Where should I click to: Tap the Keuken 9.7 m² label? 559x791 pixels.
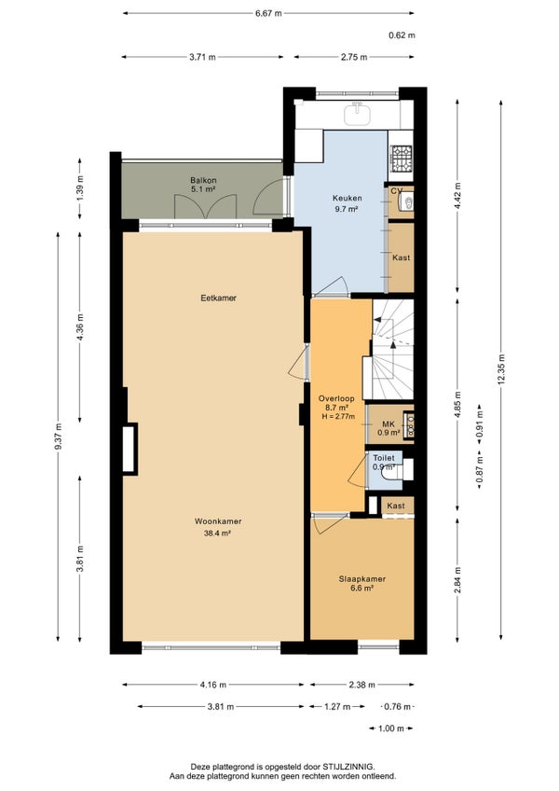(x=347, y=203)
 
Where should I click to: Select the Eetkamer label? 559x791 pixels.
(x=218, y=298)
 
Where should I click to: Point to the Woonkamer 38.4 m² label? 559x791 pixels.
(x=218, y=526)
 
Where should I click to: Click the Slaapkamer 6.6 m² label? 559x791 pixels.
(x=361, y=583)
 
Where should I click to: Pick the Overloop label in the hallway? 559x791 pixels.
(x=336, y=398)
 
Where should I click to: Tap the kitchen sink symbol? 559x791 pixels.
(x=357, y=114)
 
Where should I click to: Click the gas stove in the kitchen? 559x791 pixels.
(x=402, y=158)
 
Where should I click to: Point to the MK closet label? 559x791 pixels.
(x=389, y=424)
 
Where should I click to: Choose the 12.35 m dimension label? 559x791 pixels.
(x=500, y=369)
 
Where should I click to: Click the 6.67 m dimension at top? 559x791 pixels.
(x=268, y=13)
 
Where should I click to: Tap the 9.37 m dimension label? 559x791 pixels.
(x=59, y=437)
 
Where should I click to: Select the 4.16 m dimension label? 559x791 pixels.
(x=212, y=685)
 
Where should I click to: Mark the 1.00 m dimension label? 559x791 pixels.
(x=390, y=728)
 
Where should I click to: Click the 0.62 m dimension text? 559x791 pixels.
(x=402, y=35)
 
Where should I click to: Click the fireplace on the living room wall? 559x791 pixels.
(x=130, y=449)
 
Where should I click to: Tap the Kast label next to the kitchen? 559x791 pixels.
(x=402, y=257)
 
